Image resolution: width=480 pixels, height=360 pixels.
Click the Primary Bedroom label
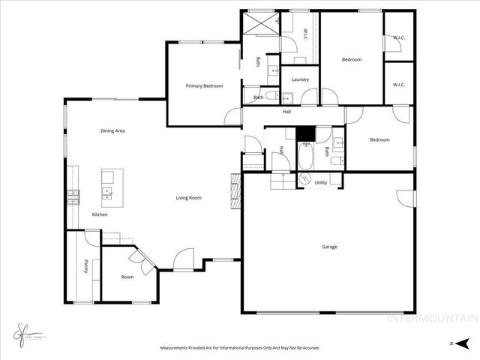(x=204, y=86)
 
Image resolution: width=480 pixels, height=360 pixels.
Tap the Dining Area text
(x=112, y=131)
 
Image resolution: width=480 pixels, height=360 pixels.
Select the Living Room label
(x=189, y=198)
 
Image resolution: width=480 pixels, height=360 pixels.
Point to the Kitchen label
(x=100, y=215)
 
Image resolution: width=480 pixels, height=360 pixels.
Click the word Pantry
(x=87, y=266)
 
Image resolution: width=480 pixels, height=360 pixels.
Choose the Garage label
(x=329, y=247)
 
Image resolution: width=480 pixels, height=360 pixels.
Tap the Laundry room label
(x=301, y=79)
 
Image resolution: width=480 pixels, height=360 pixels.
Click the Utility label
(x=320, y=182)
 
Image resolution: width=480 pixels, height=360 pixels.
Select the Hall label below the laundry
(x=286, y=112)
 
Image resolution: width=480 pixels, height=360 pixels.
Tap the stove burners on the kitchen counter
(x=74, y=198)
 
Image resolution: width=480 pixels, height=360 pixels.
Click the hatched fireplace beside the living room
(x=235, y=191)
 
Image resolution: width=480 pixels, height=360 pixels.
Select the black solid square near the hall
(x=305, y=133)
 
